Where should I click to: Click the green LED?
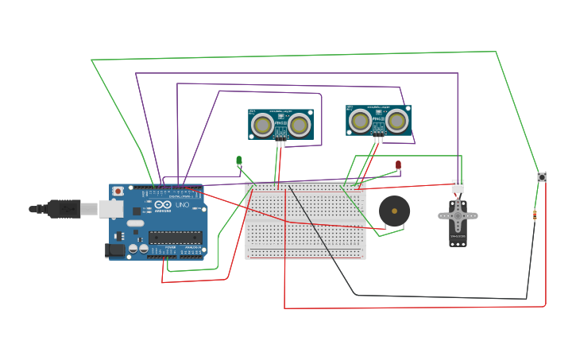(239, 161)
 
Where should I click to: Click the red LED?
(399, 165)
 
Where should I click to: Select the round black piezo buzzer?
(394, 211)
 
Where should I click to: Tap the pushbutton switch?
(542, 176)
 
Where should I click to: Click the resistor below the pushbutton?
(535, 214)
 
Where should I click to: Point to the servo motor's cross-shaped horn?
(458, 215)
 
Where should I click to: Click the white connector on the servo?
(458, 186)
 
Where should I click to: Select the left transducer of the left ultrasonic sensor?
(262, 125)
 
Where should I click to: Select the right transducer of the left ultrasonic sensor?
(299, 125)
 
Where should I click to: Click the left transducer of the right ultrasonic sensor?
(361, 121)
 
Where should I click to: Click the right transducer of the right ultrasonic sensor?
(397, 121)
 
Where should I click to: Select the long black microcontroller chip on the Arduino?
(175, 237)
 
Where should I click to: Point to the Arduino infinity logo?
(163, 204)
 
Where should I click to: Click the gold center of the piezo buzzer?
(394, 211)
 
